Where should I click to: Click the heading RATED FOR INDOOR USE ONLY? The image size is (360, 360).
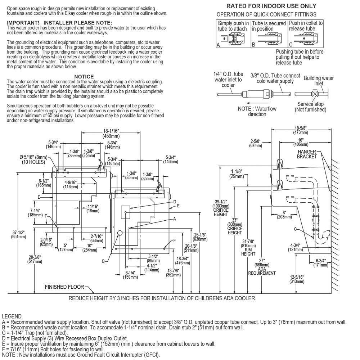[x=271, y=6]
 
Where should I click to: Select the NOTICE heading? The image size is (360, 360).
[x=84, y=76]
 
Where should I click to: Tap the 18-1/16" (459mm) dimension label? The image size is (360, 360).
[x=111, y=134]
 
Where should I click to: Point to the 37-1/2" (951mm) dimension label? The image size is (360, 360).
[x=19, y=234]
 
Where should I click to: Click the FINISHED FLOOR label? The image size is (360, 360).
[x=64, y=287]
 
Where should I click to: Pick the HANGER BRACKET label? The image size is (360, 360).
[x=307, y=154]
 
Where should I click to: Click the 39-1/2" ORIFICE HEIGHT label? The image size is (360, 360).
[x=221, y=208]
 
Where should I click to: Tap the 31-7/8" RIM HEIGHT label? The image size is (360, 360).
[x=248, y=248]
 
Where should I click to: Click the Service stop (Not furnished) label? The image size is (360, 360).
[x=310, y=107]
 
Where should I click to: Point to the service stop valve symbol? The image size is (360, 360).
[x=314, y=94]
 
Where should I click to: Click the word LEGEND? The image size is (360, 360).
[x=12, y=316]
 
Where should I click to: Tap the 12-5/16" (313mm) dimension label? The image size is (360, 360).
[x=297, y=279]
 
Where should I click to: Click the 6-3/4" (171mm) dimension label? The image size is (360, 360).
[x=321, y=263]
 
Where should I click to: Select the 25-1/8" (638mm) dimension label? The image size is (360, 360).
[x=200, y=237]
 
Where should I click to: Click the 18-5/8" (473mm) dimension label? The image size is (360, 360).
[x=301, y=130]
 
